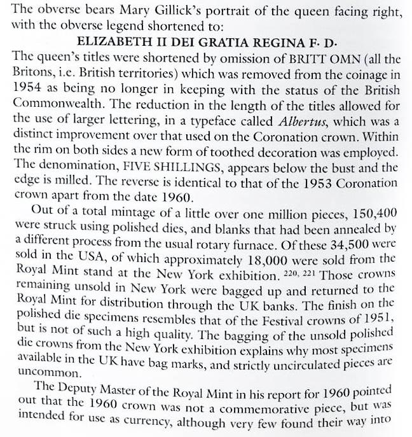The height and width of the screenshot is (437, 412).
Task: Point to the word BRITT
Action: [278, 55]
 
